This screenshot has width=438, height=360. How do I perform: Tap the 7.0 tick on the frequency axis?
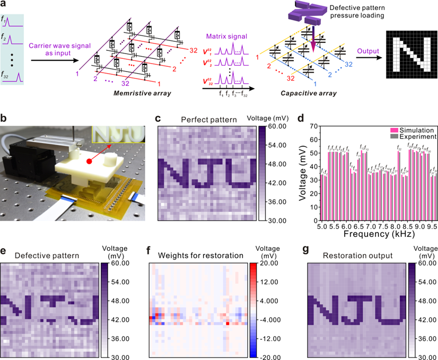(369, 226)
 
